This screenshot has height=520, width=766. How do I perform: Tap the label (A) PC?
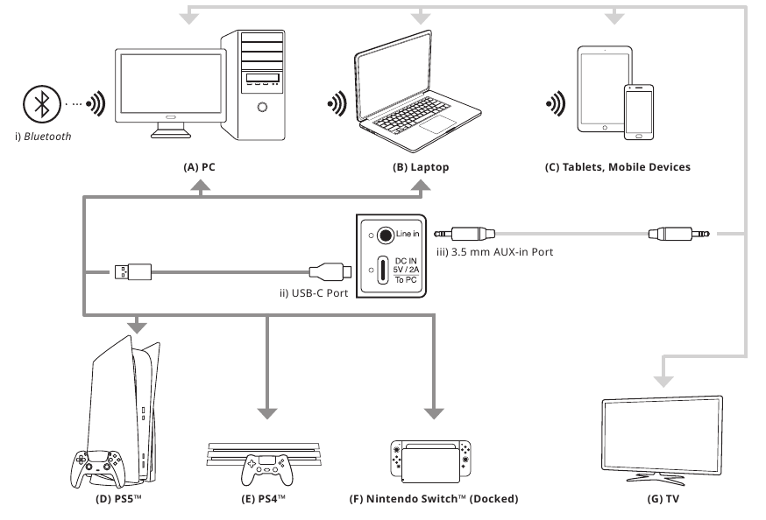(201, 166)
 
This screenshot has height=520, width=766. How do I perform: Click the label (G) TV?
(663, 501)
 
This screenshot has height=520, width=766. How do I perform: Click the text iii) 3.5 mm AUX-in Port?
(499, 254)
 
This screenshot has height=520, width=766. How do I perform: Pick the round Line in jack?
(383, 235)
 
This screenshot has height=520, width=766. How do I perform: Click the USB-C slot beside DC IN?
(383, 268)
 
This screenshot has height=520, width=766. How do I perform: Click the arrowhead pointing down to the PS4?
(266, 410)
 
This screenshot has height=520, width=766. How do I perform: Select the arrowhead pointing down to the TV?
(663, 377)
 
